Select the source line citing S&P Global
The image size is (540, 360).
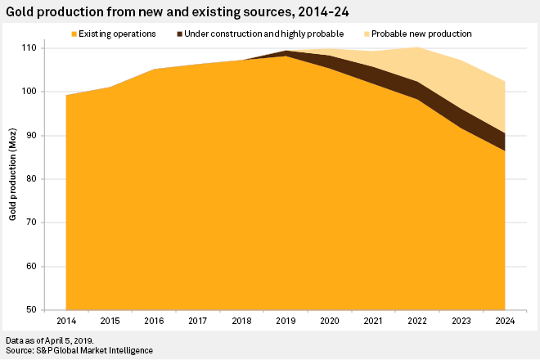point(79,350)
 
